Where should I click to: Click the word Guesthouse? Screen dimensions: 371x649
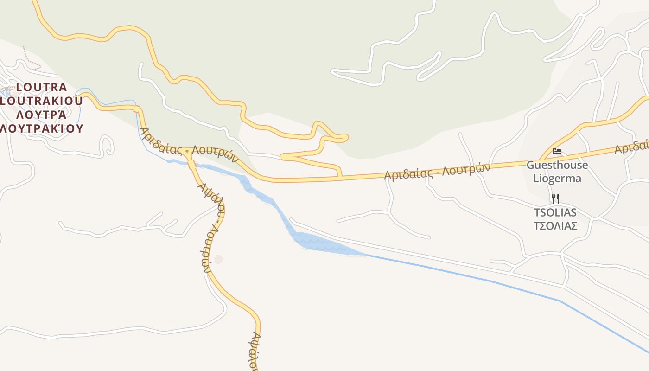pos(557,165)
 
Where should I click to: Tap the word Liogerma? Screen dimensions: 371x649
pos(557,178)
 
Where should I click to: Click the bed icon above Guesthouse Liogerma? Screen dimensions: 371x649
pos(557,151)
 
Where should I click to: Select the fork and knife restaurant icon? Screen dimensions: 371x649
pos(555,199)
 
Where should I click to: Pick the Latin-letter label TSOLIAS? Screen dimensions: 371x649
pos(555,212)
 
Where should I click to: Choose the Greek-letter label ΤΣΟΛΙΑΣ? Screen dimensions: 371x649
pos(555,226)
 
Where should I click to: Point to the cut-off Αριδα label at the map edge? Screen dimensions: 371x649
pos(631,147)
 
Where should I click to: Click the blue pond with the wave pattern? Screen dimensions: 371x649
pos(320,244)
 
